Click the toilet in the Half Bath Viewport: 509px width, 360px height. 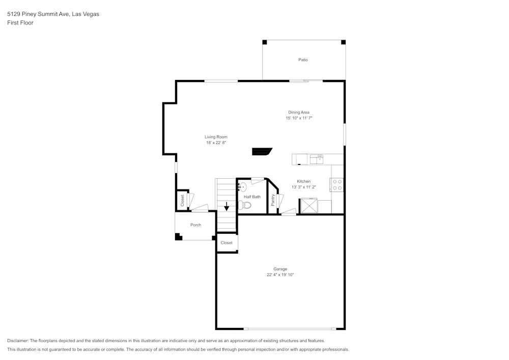pos(246,205)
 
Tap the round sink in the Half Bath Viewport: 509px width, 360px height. pos(243,187)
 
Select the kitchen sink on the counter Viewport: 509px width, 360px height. pos(317,159)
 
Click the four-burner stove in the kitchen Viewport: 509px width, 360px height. pos(337,184)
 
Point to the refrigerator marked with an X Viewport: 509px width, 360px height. pos(308,206)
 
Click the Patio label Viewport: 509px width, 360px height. pos(303,60)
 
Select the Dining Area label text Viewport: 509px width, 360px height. pos(299,113)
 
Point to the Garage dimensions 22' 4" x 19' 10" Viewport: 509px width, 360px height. pos(280,275)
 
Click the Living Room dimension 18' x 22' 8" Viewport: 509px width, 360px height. pos(216,143)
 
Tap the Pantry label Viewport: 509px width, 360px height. pos(273,200)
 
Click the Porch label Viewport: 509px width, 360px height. pos(195,225)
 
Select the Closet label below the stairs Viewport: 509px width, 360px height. pos(227,243)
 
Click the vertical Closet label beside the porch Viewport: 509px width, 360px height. pos(182,201)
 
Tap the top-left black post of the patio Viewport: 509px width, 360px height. pos(265,42)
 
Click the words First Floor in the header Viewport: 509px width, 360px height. pos(20,23)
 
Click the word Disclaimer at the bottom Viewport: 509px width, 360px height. pos(18,341)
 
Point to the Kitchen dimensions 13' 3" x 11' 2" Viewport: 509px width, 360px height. pos(304,187)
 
